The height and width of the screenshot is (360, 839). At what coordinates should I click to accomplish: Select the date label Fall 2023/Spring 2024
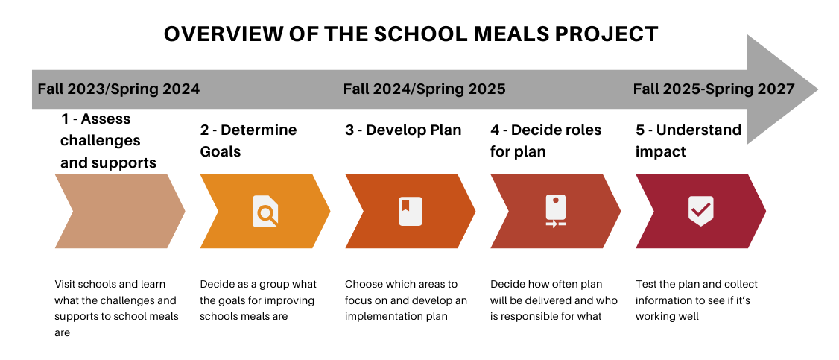point(118,89)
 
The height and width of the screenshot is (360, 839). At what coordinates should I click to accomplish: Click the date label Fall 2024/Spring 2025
point(424,89)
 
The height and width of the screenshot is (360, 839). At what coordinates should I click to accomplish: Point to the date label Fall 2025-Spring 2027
point(714,89)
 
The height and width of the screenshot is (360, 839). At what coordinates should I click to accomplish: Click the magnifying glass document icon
point(265,211)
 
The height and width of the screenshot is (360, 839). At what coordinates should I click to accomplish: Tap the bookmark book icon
point(411,211)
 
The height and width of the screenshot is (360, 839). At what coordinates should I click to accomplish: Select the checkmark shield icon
point(700,211)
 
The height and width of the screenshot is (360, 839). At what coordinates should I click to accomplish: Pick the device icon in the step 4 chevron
point(555,211)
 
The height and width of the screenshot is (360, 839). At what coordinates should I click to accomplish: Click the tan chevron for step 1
point(120,211)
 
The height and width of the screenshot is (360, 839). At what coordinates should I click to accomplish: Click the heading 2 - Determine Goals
point(248,141)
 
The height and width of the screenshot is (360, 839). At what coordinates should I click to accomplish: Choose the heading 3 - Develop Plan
point(403,130)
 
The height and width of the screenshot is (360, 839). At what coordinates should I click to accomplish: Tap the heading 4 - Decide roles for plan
point(545,141)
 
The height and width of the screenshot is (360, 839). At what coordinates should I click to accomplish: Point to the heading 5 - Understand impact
point(688,141)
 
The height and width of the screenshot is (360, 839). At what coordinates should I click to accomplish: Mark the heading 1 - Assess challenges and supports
point(108,141)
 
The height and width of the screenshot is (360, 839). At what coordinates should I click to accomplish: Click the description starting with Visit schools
point(117,308)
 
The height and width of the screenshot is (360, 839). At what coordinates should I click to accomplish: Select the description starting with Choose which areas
point(406,300)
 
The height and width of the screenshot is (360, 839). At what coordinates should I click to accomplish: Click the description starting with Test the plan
point(697,300)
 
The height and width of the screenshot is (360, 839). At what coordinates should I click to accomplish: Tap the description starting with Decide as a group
point(259,300)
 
